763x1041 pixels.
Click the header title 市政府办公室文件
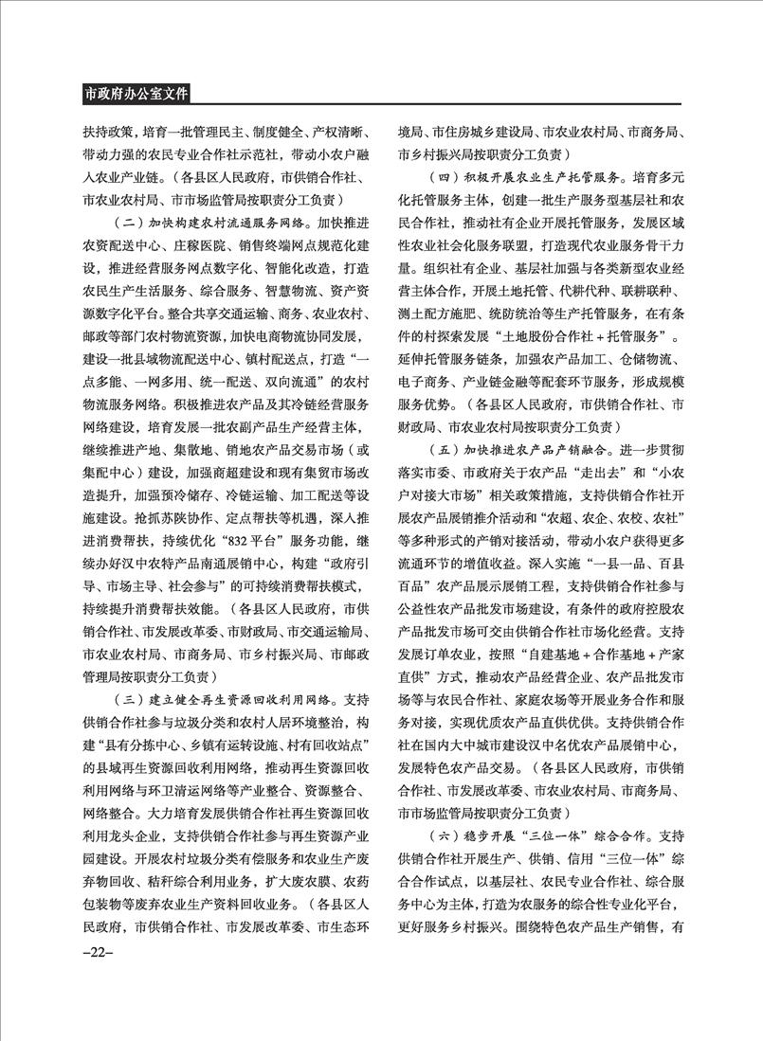(x=136, y=94)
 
